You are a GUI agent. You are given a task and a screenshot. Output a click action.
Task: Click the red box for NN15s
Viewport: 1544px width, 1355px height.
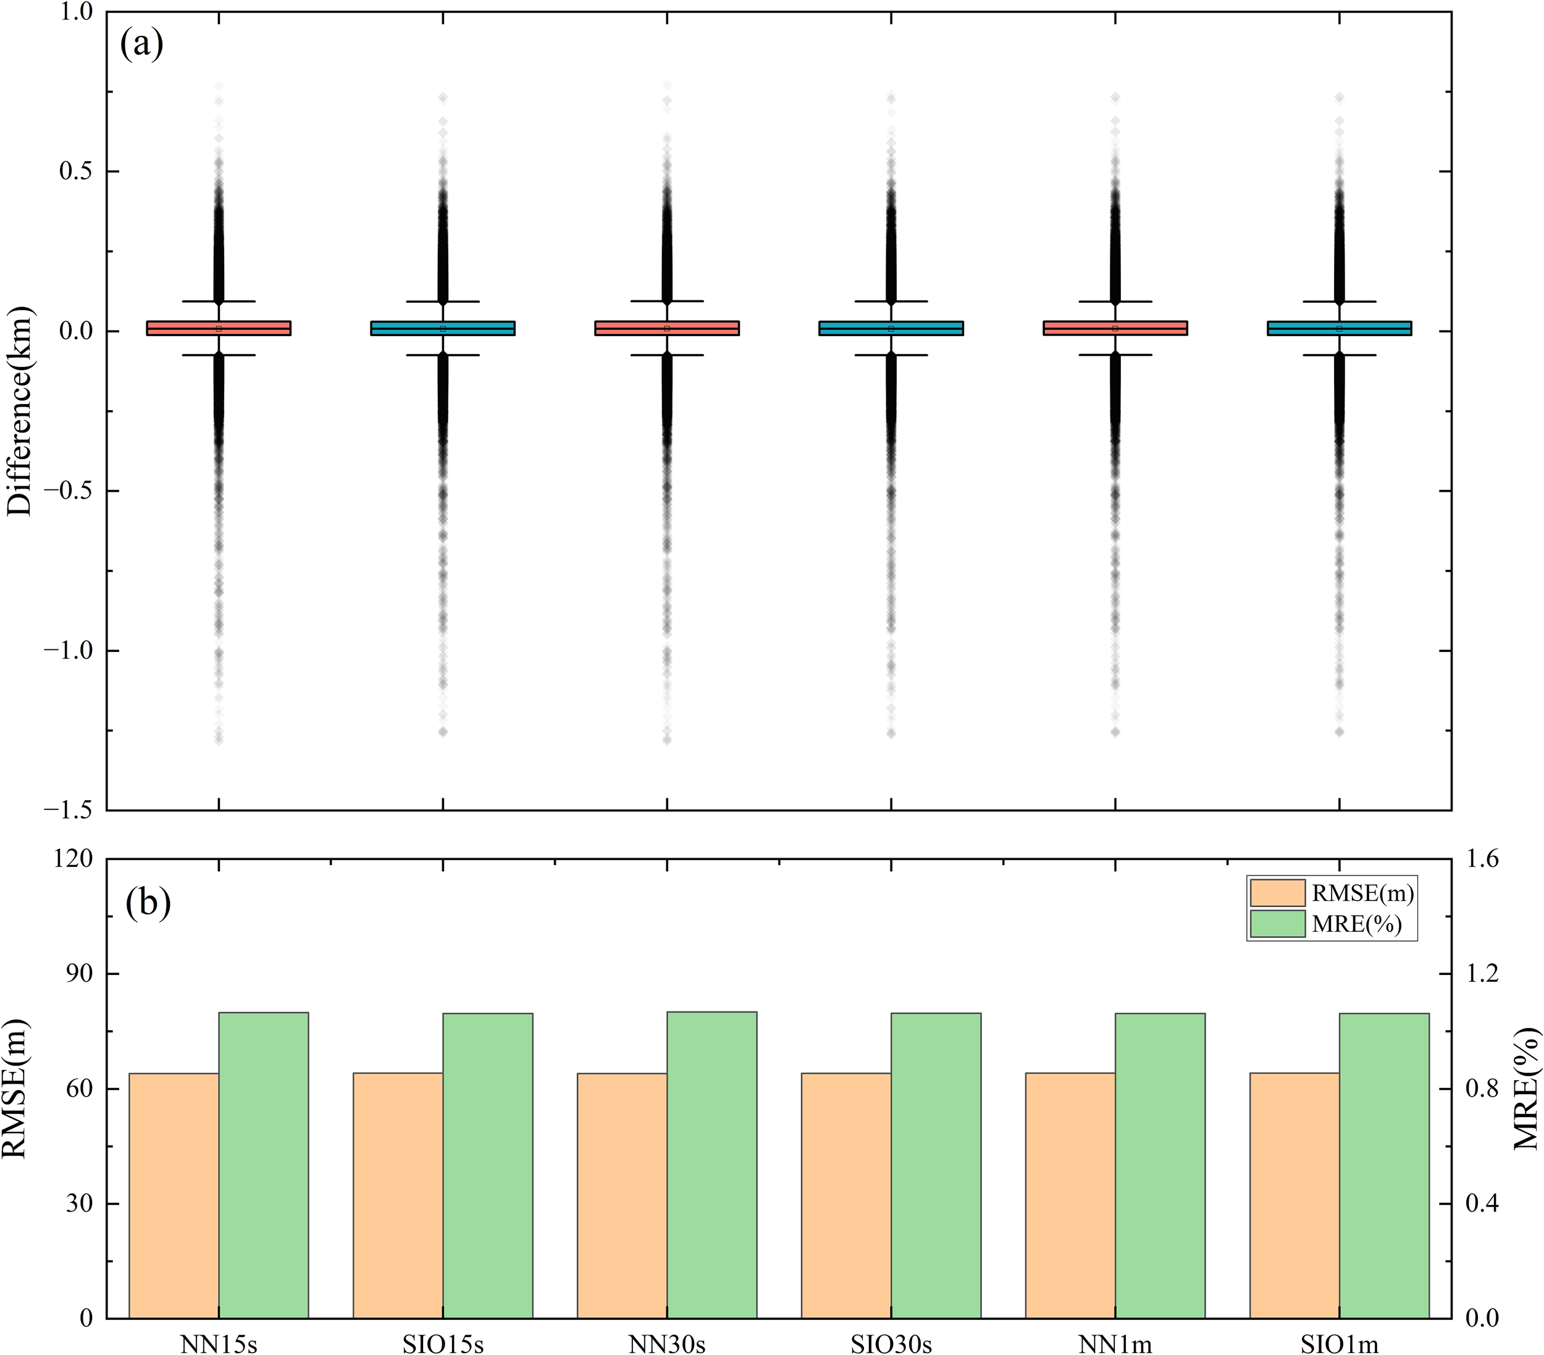[218, 328]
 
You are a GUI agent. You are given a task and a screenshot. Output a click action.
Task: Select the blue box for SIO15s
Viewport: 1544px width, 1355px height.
[443, 328]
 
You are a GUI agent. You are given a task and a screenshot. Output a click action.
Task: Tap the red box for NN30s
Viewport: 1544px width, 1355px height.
[667, 328]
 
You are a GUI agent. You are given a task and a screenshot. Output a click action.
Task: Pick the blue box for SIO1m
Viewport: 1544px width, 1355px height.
[1340, 328]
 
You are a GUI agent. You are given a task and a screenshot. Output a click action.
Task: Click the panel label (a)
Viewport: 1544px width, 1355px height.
[141, 45]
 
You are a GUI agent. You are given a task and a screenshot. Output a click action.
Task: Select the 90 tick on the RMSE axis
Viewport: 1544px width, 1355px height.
[79, 973]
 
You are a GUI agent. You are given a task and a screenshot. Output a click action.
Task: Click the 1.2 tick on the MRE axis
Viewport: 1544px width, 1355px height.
[1482, 973]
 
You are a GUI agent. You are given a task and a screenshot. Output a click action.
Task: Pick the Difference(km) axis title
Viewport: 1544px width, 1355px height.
[20, 411]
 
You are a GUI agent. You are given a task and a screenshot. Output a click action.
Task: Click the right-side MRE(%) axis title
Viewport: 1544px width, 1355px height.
[1526, 1088]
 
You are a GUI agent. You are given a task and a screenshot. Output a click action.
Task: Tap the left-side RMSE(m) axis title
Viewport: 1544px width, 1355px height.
[15, 1088]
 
